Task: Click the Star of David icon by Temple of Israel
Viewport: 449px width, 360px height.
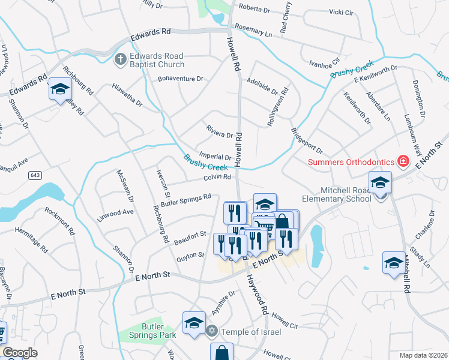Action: pos(211,331)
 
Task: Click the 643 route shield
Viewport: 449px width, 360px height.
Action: pos(34,175)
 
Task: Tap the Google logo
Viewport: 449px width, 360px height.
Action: pos(20,353)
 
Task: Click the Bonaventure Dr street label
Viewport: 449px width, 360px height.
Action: pos(181,79)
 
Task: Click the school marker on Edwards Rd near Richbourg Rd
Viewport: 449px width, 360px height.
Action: pos(60,90)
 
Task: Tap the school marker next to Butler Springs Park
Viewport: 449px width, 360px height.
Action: pos(194,324)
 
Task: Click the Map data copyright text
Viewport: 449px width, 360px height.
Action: pos(423,355)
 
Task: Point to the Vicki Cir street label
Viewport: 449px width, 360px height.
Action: pos(341,12)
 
